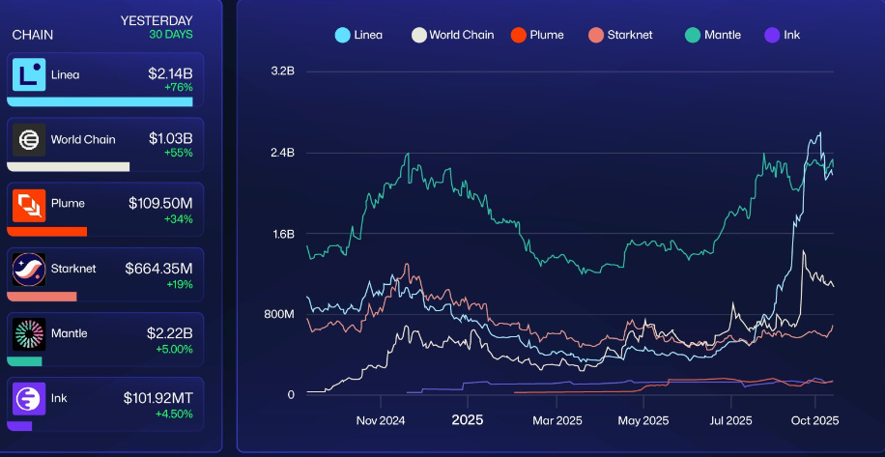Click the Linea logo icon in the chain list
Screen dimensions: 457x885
point(29,75)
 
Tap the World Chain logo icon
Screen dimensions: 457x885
point(29,140)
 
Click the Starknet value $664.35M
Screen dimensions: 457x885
point(158,268)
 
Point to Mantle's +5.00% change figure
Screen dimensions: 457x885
point(174,349)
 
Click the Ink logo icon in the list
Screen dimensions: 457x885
point(29,398)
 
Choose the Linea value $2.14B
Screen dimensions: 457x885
point(170,74)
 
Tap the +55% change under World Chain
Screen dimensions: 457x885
point(178,154)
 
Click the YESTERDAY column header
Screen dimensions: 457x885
point(157,20)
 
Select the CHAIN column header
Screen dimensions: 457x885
point(33,35)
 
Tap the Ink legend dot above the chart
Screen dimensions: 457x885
point(771,35)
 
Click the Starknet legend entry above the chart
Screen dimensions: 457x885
point(620,35)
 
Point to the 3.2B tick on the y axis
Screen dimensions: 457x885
point(282,71)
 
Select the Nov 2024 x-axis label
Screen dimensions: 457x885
point(380,420)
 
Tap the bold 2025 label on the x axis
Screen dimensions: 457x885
point(467,420)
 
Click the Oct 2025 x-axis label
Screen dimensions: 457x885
point(815,420)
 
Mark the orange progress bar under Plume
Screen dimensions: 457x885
point(47,232)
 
